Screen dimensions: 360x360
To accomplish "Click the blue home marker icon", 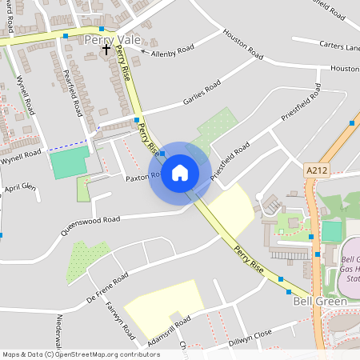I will click(180, 173).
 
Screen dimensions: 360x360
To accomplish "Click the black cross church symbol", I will click(106, 50).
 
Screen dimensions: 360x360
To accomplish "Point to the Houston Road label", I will click(243, 45).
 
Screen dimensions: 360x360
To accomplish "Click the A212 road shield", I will click(317, 170).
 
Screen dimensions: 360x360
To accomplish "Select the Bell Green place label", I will click(319, 302).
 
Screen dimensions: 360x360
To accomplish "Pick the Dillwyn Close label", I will click(251, 337).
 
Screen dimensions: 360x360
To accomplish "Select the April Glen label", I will click(20, 188).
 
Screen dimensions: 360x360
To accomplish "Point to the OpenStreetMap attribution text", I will click(81, 354).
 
